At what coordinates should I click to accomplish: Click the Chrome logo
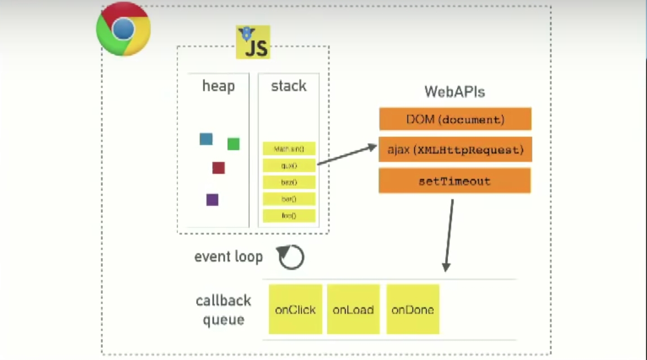123,29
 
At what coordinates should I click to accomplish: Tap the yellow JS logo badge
253,43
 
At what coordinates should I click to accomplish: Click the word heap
218,87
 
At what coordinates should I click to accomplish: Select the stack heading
289,86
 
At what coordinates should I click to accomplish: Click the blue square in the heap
206,139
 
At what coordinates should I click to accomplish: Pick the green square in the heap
233,144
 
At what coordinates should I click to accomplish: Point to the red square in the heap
218,168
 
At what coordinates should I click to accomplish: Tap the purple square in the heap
212,200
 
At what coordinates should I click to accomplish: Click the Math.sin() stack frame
289,149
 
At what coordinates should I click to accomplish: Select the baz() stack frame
289,182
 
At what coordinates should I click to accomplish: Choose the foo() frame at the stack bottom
289,215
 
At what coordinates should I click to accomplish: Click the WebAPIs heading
455,92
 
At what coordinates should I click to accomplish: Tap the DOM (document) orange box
455,119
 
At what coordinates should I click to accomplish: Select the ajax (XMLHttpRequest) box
455,150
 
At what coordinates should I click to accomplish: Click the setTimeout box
455,181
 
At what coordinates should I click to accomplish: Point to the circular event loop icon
291,257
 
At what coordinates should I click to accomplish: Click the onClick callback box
295,309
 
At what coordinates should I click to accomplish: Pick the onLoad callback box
353,309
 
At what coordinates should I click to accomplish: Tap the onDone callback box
412,309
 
